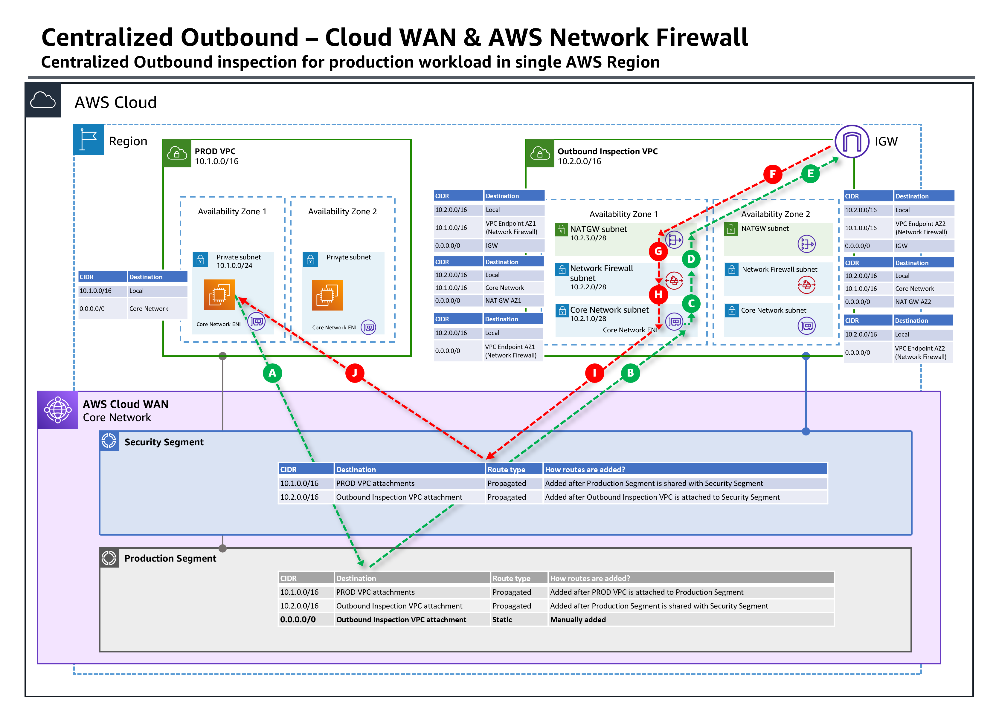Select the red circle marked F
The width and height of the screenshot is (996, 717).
coord(772,174)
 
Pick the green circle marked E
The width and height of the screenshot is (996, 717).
coord(810,174)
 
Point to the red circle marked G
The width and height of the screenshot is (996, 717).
coord(658,251)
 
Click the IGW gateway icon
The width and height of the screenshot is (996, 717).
coord(852,141)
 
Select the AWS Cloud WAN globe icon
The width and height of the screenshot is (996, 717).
coord(57,410)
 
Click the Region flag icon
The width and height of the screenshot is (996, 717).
coord(88,140)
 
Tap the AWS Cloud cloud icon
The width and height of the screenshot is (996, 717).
coord(42,100)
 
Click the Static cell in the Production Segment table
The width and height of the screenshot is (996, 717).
coord(502,620)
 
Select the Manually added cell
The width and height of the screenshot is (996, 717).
coord(578,620)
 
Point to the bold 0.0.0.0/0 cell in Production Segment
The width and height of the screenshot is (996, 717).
coord(298,620)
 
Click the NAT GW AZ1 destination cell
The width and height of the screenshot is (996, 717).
coord(503,301)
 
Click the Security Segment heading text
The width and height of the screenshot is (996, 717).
coord(164,442)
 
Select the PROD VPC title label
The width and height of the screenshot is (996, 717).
coord(215,151)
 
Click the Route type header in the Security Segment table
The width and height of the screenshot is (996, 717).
coord(506,469)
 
